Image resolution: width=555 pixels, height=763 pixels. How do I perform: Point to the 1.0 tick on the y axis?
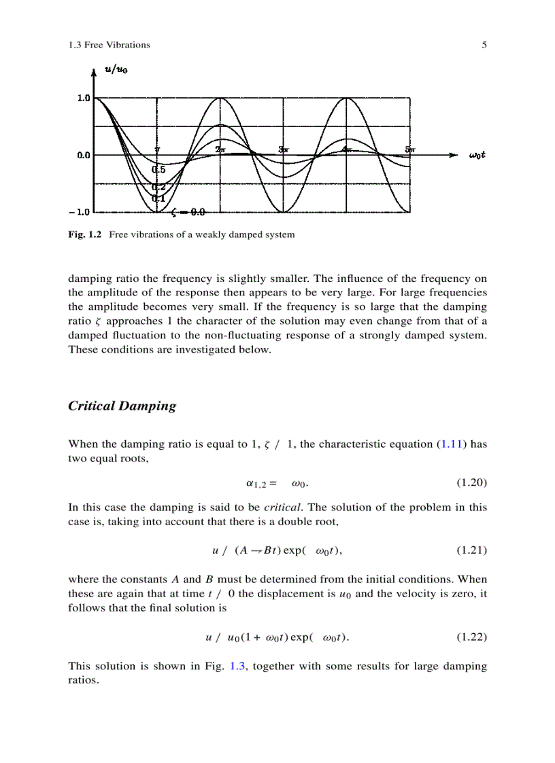coord(83,98)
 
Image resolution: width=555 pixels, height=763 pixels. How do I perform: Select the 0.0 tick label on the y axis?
coord(83,156)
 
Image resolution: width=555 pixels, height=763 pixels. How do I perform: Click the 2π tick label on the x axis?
coord(220,149)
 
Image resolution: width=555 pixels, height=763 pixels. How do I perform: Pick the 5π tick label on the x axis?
coord(410,149)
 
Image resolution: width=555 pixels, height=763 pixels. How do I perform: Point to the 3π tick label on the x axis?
coord(284,149)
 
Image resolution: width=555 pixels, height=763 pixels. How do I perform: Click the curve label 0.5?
coord(158,170)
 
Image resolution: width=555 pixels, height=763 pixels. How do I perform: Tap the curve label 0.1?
coord(158,198)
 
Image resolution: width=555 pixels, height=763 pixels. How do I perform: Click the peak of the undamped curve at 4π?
coord(347,99)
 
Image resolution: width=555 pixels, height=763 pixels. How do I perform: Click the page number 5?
coord(484,45)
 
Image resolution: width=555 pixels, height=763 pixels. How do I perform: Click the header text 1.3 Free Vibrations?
coord(109,45)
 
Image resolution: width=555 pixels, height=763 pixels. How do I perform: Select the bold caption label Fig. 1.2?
coord(84,234)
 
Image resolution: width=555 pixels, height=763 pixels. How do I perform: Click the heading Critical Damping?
coord(122,406)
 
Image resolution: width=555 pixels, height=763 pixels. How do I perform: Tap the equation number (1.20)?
coord(471,484)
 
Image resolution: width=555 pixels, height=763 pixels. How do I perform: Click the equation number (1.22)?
coord(471,637)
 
